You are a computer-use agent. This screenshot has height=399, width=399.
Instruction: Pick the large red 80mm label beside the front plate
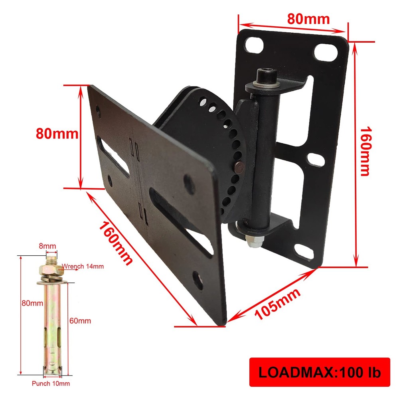57,133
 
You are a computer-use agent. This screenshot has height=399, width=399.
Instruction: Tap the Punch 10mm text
51,384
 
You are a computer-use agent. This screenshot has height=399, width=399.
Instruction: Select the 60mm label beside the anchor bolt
80,320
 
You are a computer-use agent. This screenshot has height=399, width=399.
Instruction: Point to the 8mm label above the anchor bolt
47,246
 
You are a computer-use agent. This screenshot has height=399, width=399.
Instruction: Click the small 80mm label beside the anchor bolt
32,303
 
